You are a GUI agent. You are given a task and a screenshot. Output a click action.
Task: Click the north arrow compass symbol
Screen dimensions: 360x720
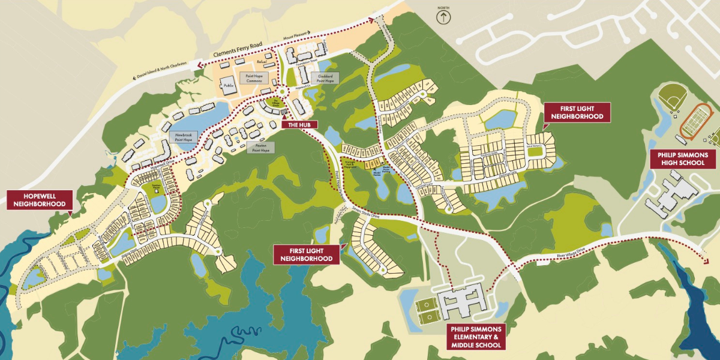pos(444,16)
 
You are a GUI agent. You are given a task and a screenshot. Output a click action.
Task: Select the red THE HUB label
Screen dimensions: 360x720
pos(299,124)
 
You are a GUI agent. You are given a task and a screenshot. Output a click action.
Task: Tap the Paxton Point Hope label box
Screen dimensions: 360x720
pos(260,148)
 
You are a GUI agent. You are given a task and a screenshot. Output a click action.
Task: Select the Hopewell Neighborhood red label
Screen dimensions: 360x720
pos(40,200)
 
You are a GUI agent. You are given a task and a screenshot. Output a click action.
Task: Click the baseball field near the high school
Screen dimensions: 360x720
pos(671,95)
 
